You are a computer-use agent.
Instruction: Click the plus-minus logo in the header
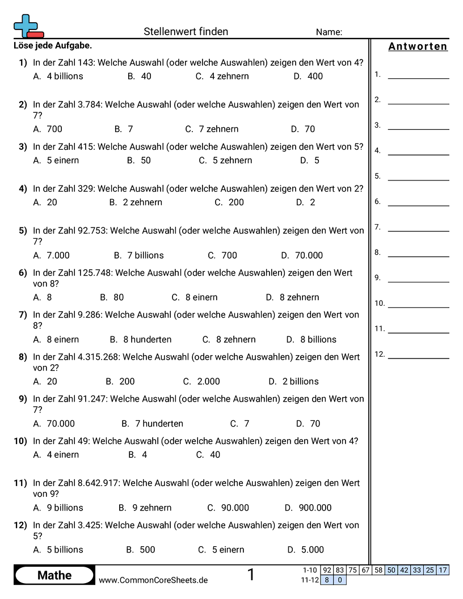(x=28, y=26)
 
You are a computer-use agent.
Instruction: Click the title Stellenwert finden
(x=186, y=32)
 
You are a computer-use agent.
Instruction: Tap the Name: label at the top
(x=329, y=32)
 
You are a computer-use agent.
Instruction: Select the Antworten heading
(x=418, y=47)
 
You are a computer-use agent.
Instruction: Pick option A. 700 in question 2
(x=48, y=129)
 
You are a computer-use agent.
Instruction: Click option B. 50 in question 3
(x=139, y=160)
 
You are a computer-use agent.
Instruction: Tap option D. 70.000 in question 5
(x=302, y=255)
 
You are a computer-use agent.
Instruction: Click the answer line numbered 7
(x=418, y=230)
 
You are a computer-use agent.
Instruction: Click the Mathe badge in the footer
(x=54, y=575)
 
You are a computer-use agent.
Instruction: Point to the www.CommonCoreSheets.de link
(x=153, y=580)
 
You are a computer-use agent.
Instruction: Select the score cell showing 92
(x=327, y=570)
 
